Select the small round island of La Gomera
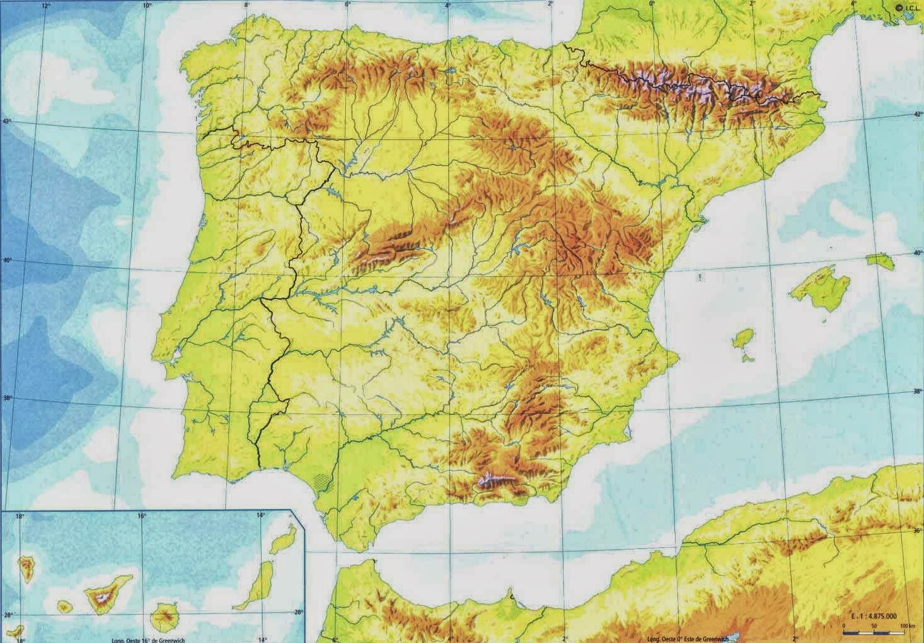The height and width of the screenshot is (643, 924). tap(64, 607)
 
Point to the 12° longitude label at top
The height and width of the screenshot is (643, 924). tap(45, 6)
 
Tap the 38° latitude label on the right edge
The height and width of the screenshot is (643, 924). tap(917, 391)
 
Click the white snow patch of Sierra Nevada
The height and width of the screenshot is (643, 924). tap(489, 481)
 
